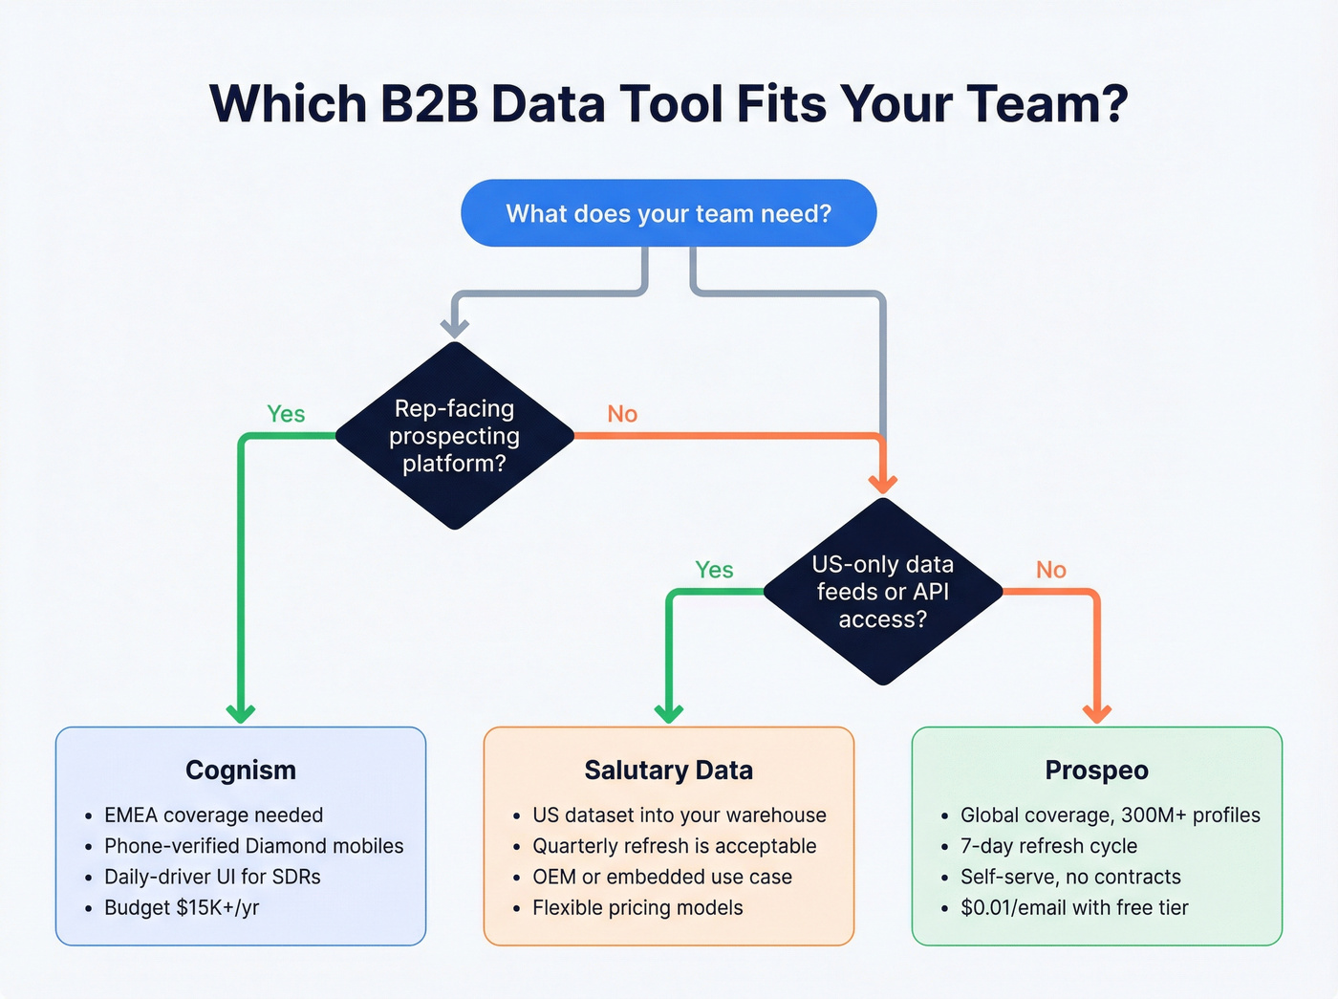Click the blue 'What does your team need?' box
point(668,213)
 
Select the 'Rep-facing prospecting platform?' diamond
point(455,436)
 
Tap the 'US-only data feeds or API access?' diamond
point(883,592)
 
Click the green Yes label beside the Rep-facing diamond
point(286,414)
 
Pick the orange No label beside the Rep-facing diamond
point(622,414)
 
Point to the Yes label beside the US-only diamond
point(714,570)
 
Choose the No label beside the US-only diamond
point(1051,570)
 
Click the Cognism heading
point(241,771)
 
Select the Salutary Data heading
point(668,771)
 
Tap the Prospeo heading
point(1096,771)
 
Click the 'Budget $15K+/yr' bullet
point(182,907)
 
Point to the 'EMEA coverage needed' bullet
point(213,815)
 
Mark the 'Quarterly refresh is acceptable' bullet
point(674,846)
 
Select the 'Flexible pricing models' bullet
point(637,907)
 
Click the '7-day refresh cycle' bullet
point(1048,846)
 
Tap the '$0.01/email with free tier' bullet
point(1074,907)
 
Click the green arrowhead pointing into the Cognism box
point(241,712)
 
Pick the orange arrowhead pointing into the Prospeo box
point(1096,712)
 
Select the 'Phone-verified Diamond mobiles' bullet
point(253,846)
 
